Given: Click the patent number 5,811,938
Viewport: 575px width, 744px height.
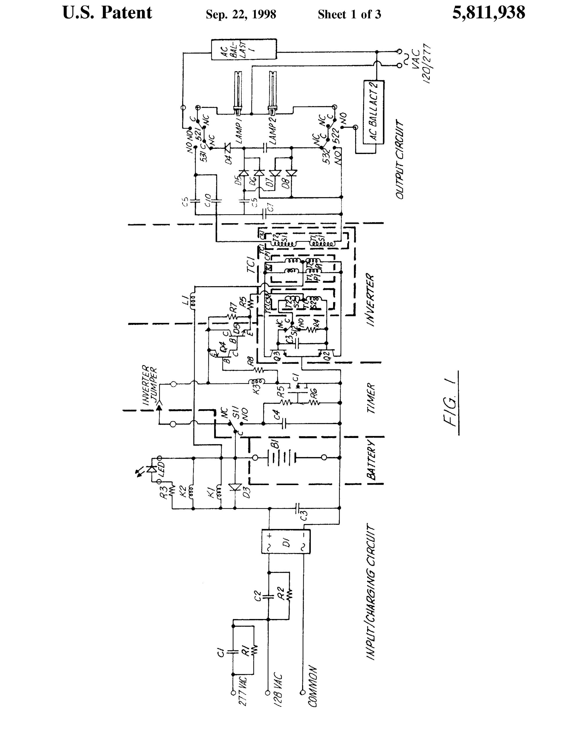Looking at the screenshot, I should [x=488, y=13].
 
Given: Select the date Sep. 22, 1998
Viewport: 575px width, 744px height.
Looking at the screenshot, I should [x=241, y=14].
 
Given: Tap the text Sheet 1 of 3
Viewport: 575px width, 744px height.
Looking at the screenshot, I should [x=349, y=14].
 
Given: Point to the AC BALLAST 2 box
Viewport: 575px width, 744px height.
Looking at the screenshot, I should [x=374, y=112].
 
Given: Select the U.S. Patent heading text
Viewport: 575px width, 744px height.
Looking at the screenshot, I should [x=107, y=13].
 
